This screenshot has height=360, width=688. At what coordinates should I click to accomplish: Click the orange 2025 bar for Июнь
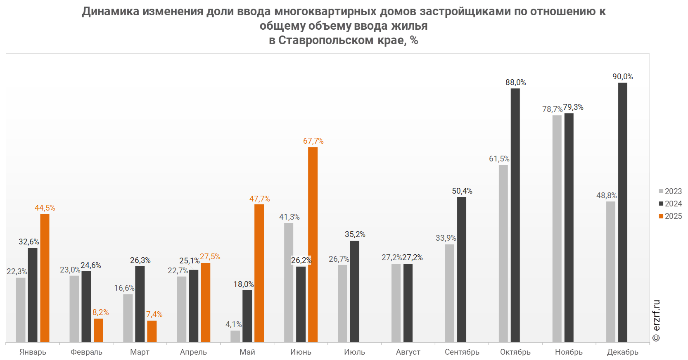click(313, 244)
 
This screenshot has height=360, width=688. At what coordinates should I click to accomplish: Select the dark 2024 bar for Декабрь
click(622, 212)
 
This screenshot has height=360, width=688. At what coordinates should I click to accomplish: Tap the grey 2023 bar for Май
click(235, 336)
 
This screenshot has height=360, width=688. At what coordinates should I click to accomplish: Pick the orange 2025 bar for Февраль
click(98, 330)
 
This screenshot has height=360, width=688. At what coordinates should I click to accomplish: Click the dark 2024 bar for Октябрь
click(515, 215)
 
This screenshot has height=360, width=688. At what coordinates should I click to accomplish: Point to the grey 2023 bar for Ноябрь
click(557, 228)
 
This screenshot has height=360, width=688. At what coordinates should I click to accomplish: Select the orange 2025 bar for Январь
click(45, 278)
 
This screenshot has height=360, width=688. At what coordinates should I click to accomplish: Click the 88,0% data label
click(515, 83)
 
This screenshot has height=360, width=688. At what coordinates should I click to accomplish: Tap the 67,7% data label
click(313, 141)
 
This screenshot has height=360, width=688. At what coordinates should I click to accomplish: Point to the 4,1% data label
click(233, 324)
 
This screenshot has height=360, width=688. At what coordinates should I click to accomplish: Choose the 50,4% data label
click(462, 191)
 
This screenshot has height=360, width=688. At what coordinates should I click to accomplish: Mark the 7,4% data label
click(154, 315)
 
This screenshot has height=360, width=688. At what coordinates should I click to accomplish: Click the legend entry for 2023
click(670, 191)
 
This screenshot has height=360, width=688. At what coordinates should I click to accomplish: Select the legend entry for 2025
click(670, 216)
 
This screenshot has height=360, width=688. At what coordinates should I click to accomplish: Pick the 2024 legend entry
click(670, 204)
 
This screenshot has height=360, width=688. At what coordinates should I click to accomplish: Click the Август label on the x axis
click(408, 352)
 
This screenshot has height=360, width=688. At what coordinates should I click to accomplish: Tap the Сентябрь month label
click(462, 352)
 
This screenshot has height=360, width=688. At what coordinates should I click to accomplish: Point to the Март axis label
click(140, 352)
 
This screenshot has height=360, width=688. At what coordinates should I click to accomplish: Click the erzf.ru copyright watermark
click(656, 321)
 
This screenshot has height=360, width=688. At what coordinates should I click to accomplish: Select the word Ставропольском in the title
click(327, 40)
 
